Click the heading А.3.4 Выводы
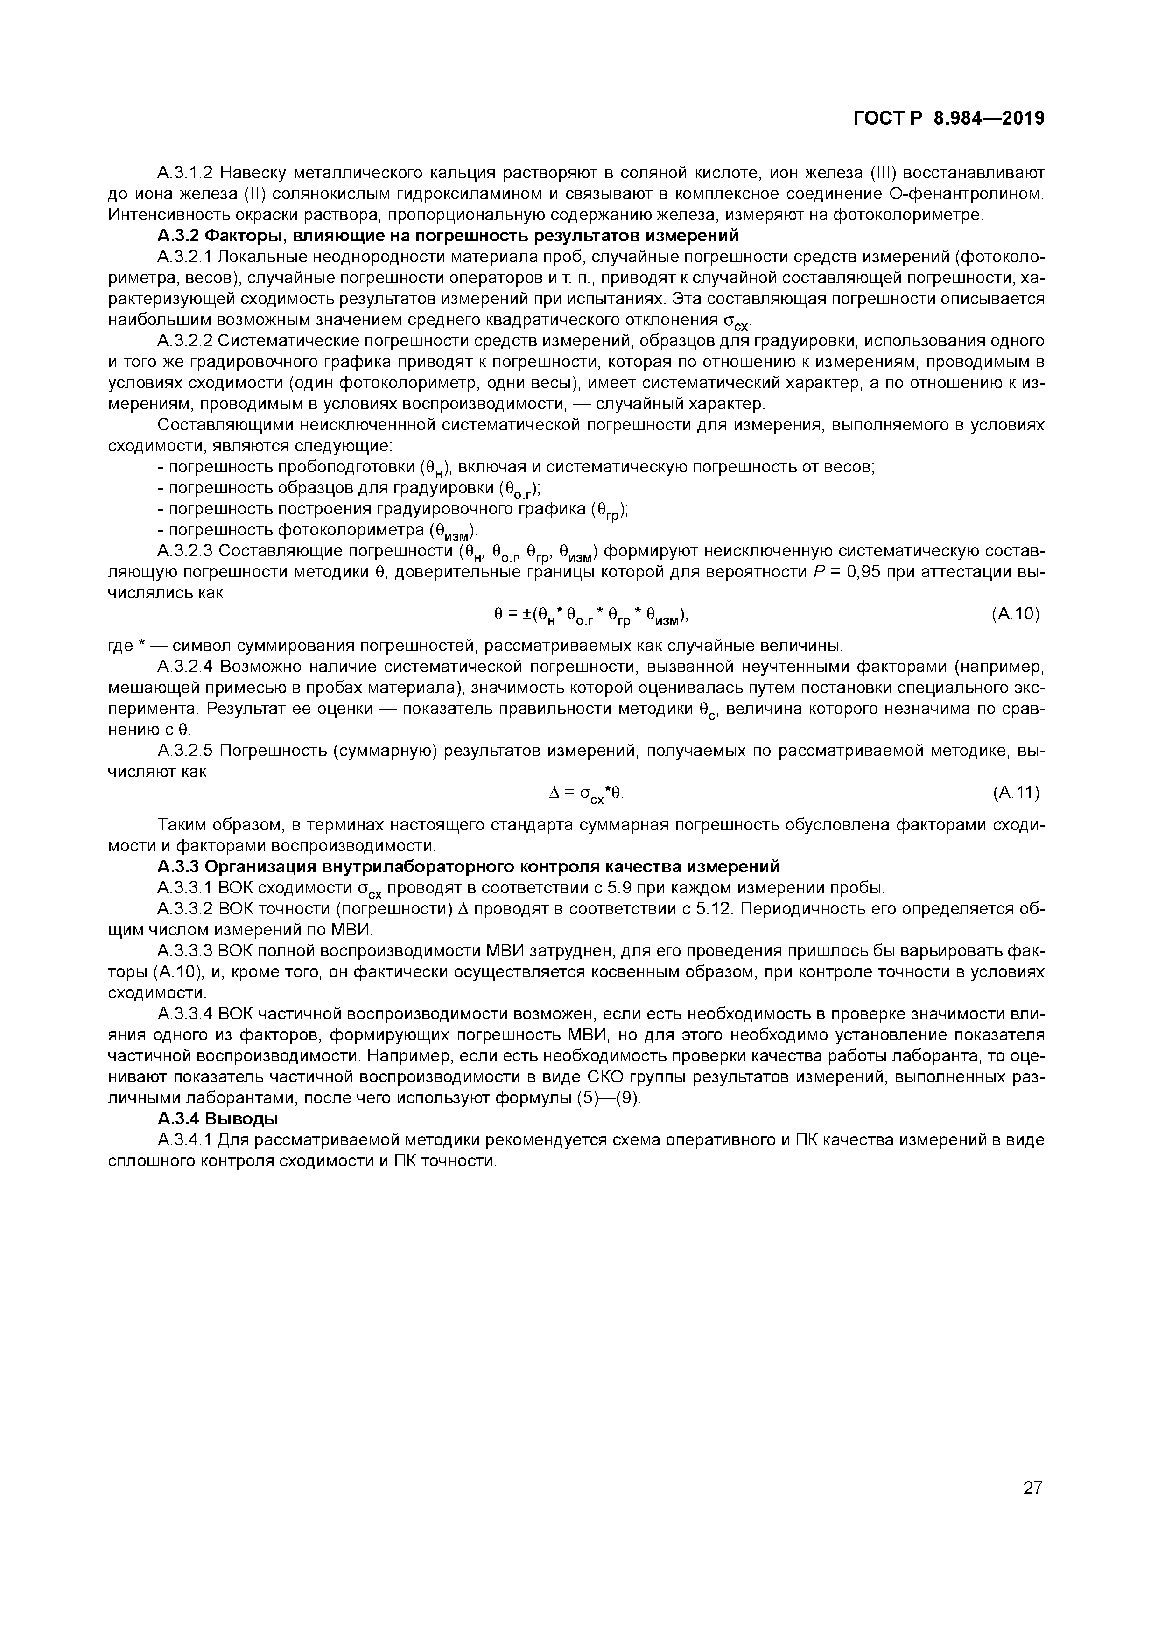(218, 1119)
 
